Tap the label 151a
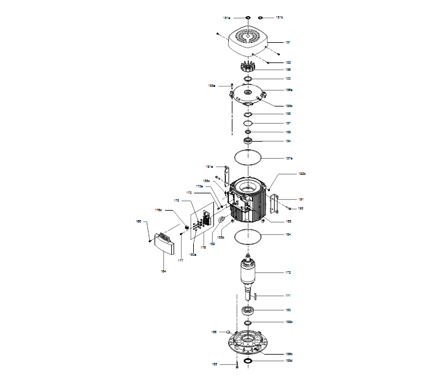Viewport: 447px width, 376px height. tap(226, 18)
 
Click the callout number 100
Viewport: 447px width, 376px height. tap(288, 79)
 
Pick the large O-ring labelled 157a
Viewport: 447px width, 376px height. tap(247, 158)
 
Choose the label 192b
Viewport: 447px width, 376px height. tap(302, 174)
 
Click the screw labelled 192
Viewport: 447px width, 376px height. tap(289, 208)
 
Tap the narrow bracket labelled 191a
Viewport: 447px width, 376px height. tap(226, 176)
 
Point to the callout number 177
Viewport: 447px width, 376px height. tap(181, 260)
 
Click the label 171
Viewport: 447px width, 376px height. tap(288, 296)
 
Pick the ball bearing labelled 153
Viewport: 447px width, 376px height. tap(247, 310)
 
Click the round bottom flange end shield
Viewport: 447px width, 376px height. tap(247, 345)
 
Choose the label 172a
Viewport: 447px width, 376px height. tap(200, 186)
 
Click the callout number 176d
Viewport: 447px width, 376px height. tap(159, 209)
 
